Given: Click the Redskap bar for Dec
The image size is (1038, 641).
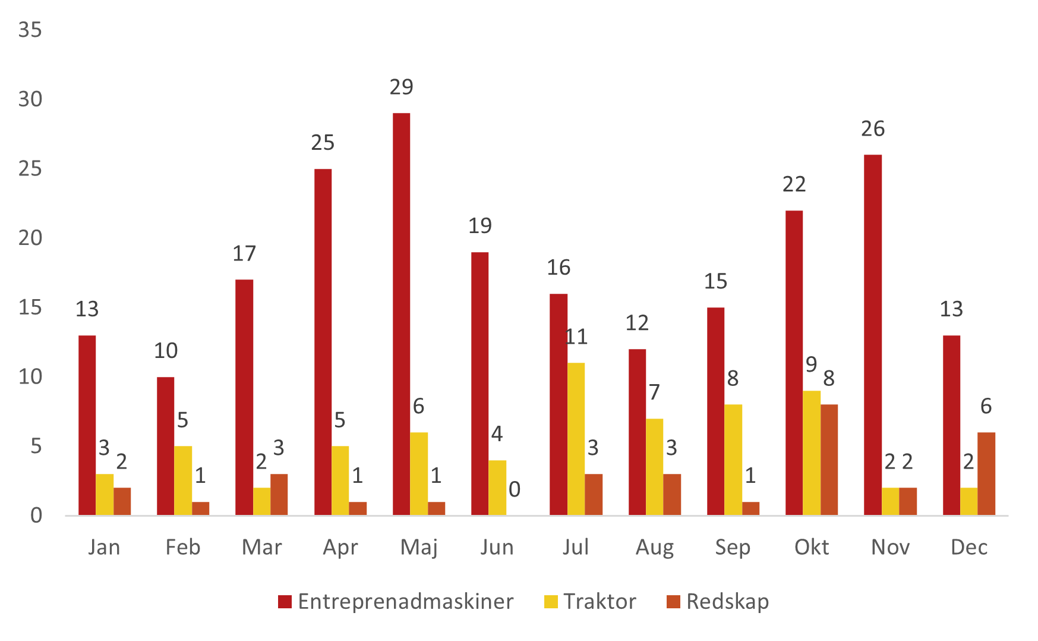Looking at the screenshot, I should [x=986, y=473].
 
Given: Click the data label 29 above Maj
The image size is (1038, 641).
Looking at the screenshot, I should [x=401, y=87].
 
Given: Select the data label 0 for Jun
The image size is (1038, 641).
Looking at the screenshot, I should [x=515, y=489].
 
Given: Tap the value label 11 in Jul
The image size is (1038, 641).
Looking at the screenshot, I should [x=576, y=337].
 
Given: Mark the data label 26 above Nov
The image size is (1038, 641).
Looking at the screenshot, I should [x=873, y=129].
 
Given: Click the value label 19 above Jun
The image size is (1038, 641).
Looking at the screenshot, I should [x=480, y=226].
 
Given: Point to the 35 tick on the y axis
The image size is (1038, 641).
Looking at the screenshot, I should [x=30, y=30].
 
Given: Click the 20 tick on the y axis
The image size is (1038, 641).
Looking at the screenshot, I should [x=30, y=238].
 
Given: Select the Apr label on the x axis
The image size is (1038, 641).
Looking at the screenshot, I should [x=340, y=547].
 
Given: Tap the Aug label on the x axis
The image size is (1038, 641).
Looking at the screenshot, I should [x=655, y=547].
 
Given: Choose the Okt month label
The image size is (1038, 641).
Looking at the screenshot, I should [x=812, y=547].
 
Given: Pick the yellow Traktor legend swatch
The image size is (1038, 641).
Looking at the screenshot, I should [x=551, y=602].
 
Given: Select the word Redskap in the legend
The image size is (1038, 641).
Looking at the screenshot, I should [x=727, y=602].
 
